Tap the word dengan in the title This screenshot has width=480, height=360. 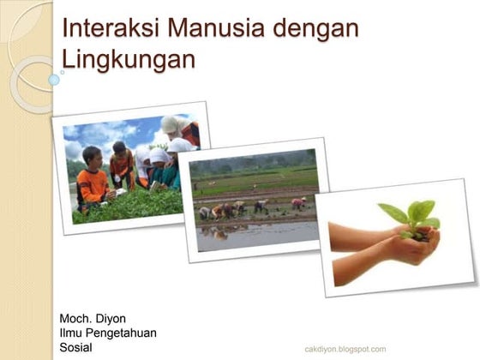315,28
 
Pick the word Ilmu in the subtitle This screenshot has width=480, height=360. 72,333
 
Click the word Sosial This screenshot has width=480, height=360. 75,348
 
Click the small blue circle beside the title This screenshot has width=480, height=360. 54,80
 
